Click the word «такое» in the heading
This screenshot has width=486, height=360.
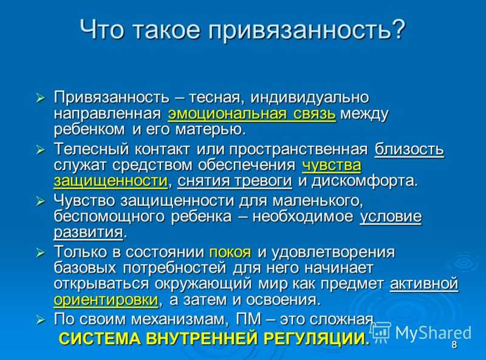(166, 30)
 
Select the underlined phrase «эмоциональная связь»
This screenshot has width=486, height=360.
(252, 114)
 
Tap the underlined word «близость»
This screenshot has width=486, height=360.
(409, 149)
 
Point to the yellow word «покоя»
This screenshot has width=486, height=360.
(230, 252)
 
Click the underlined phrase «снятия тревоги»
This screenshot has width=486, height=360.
(234, 181)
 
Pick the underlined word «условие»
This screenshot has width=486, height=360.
(391, 216)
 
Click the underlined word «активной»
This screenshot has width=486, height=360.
(424, 284)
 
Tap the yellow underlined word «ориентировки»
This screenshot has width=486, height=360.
(106, 300)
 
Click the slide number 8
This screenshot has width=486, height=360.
(454, 344)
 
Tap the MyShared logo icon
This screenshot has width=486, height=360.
(381, 332)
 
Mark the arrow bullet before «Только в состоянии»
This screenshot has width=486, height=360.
(41, 253)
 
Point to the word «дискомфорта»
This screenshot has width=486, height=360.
(364, 181)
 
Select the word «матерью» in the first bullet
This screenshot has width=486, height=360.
(211, 129)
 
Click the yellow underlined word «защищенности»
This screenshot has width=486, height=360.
(111, 182)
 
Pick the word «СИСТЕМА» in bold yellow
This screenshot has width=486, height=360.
(100, 338)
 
